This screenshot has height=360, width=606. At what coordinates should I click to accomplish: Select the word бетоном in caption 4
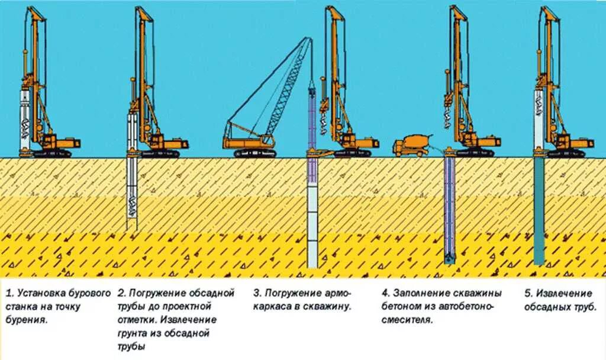[x=401, y=307]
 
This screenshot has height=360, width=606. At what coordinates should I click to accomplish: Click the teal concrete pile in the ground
[x=539, y=213]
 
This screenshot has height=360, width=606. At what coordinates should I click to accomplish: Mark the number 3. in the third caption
[x=257, y=294]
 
